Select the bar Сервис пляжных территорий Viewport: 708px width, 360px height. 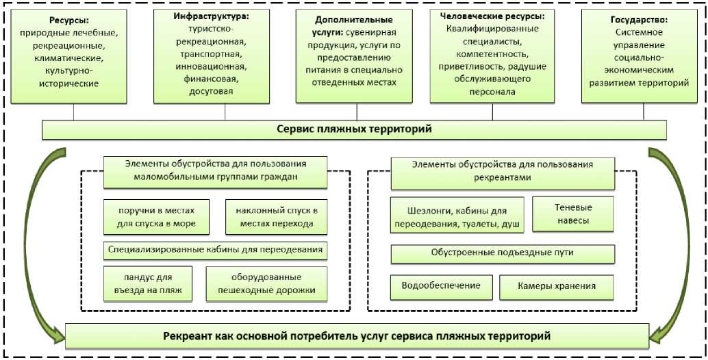pos(354,129)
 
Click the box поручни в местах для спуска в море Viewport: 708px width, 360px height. pos(157,217)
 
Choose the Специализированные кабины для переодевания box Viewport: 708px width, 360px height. pos(215,250)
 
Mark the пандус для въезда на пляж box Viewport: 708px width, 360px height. pos(148,283)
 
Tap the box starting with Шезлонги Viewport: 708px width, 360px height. pos(457,215)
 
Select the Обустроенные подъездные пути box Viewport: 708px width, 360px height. pos(502,253)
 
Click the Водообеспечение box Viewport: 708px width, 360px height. pos(440,286)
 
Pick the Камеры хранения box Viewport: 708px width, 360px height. pos(557,286)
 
